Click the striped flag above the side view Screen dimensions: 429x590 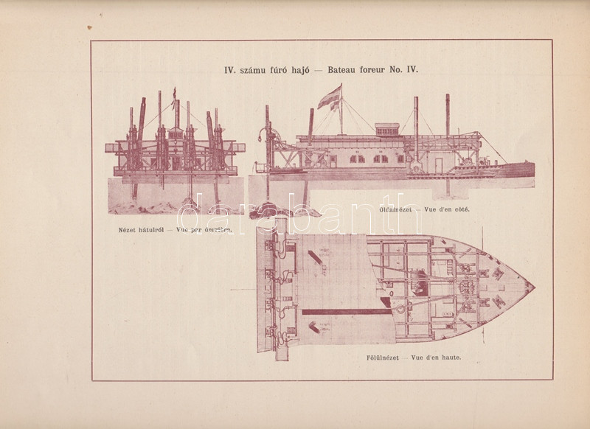[329, 97]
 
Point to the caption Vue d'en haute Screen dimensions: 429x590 [445, 360]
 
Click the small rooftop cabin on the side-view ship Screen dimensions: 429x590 [386, 130]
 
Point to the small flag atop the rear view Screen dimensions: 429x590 [175, 94]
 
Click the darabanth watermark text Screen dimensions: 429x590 [295, 214]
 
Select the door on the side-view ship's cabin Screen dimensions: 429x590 [437, 162]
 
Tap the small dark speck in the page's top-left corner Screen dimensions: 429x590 [89, 28]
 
